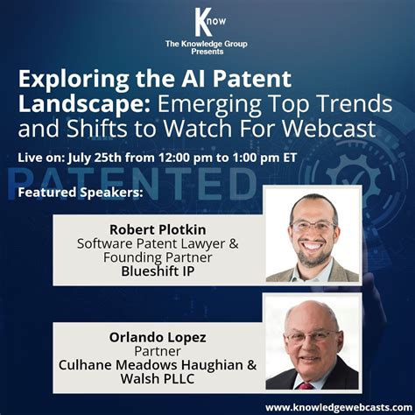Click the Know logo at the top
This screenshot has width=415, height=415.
pos(207,20)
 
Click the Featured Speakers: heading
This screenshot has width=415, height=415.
pos(80,191)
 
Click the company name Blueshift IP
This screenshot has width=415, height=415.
pos(157,273)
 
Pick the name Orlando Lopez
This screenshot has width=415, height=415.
pos(157,335)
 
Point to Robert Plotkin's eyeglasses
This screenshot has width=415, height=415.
pos(312,227)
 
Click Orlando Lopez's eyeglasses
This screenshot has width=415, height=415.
pos(312,334)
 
